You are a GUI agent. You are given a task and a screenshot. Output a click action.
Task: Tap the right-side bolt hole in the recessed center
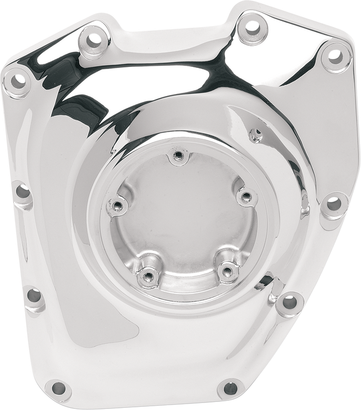tap(246, 196)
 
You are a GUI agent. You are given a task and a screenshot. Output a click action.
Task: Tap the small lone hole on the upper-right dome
tap(256, 133)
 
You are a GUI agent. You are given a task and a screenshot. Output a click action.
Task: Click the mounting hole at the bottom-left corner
tap(58, 387)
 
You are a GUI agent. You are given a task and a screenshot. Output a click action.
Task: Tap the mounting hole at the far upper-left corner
tap(18, 81)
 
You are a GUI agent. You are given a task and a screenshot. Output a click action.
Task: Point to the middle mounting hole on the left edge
tap(23, 191)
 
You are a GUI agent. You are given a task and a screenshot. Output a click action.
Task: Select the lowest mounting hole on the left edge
tap(34, 295)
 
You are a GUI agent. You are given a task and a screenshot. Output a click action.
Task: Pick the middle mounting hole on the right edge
tap(334, 204)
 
